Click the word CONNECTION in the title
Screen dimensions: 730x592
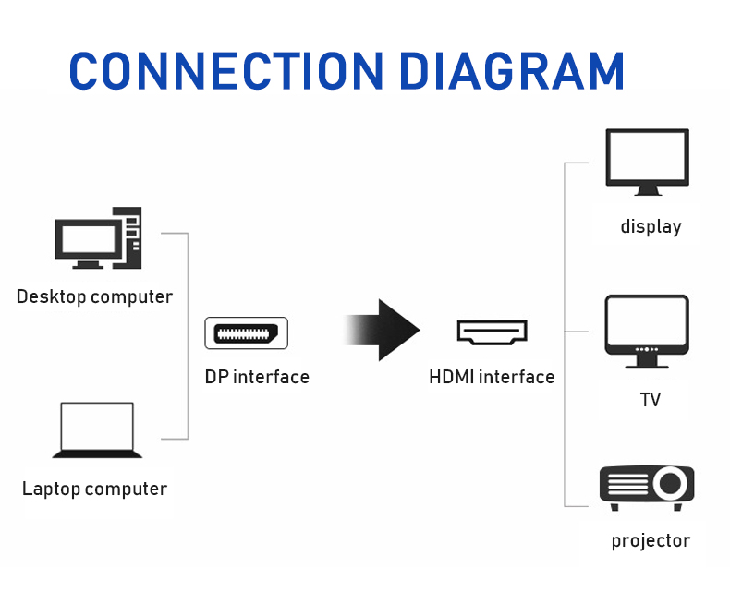[226, 71]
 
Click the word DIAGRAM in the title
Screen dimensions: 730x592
[512, 71]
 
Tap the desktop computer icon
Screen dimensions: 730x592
[98, 238]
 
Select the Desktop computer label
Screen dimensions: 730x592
[94, 296]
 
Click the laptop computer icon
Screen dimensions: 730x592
[97, 430]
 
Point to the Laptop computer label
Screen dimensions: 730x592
[94, 489]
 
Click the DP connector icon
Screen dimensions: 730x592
[247, 333]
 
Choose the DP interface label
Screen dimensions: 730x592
[257, 377]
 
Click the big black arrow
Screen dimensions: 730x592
[383, 330]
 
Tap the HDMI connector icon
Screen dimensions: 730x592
[493, 332]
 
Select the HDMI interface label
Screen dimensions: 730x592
[492, 377]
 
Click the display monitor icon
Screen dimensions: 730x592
[647, 162]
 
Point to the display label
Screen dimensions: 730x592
[651, 226]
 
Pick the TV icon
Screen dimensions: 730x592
[647, 332]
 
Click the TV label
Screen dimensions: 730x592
[651, 400]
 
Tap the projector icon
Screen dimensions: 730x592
[647, 488]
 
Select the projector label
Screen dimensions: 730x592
[651, 541]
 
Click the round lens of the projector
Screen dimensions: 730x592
[671, 483]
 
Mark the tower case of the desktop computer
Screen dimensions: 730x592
[128, 238]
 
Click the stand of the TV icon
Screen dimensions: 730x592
[647, 362]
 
